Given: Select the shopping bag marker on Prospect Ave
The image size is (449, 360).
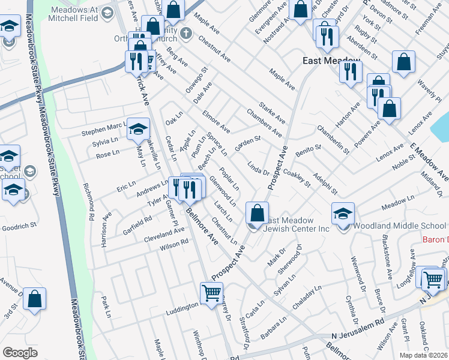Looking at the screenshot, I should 257,212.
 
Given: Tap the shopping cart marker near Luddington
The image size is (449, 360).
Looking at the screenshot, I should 211,294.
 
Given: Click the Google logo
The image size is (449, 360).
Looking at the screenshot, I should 20,352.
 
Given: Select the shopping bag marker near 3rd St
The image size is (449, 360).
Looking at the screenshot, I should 34,299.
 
